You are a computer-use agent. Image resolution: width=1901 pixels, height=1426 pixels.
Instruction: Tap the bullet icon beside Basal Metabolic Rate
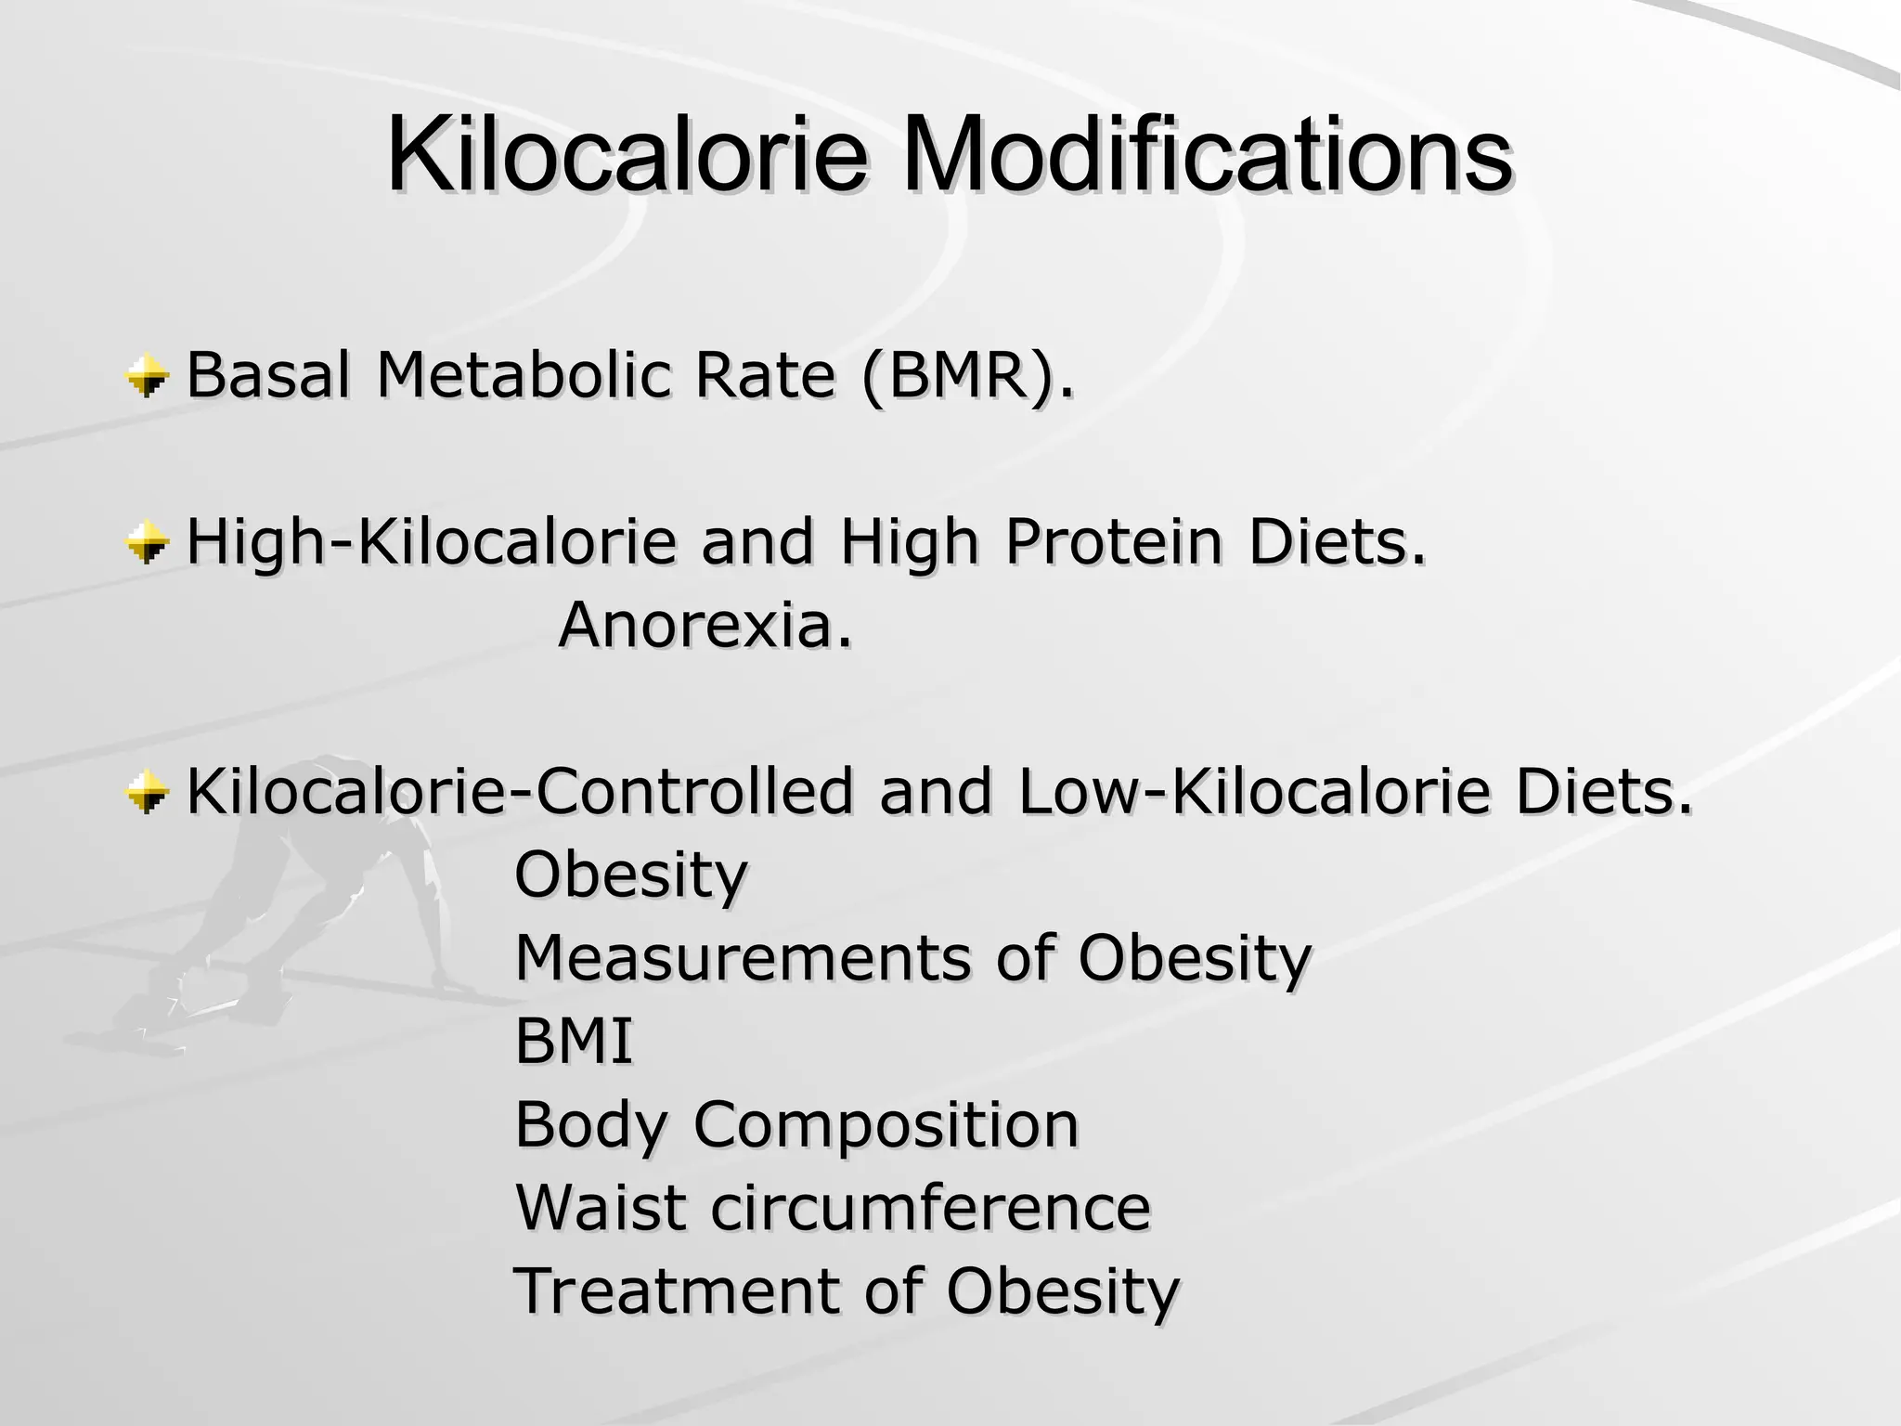tap(148, 378)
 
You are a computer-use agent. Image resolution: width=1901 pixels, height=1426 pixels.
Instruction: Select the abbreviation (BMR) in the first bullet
tap(967, 376)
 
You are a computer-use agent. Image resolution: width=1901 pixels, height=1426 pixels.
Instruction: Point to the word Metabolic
tap(523, 376)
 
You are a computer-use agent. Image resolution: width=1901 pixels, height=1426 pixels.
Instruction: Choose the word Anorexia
tap(705, 625)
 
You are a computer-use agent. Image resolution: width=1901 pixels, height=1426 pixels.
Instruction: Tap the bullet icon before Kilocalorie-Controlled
tap(148, 793)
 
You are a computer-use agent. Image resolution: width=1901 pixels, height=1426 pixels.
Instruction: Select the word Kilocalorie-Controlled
tap(520, 793)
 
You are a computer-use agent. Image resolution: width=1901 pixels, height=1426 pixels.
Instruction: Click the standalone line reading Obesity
tap(631, 875)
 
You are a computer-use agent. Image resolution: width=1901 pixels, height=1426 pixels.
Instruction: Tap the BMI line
tap(574, 1041)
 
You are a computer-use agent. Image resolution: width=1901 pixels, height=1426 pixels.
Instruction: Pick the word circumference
tap(931, 1208)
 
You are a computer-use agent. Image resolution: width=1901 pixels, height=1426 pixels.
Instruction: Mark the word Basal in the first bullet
tap(269, 376)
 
